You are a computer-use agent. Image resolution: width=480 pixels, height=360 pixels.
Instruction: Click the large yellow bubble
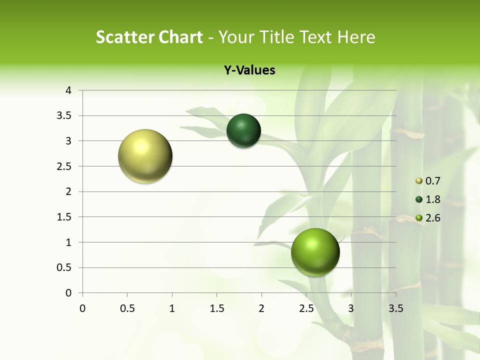point(145,156)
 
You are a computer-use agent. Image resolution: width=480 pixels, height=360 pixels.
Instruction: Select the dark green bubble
point(243,131)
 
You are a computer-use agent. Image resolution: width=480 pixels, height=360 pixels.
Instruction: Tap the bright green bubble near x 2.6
point(315,252)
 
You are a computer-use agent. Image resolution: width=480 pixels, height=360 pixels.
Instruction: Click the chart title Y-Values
point(249,70)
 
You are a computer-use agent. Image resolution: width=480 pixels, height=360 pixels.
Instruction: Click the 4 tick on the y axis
point(68,90)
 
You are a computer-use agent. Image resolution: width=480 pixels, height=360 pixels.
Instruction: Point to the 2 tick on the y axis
point(68,191)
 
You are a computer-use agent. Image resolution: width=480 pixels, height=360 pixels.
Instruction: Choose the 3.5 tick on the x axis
point(395,308)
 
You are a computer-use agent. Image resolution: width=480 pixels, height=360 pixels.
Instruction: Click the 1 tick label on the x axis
point(172,308)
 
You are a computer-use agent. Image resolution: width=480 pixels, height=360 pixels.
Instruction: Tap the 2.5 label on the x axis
point(306,308)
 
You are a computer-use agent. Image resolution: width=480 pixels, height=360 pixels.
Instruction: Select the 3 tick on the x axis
point(351,308)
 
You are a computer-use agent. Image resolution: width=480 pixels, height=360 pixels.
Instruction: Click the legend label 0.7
point(432,181)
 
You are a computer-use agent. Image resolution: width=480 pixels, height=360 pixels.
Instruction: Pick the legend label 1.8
point(432,199)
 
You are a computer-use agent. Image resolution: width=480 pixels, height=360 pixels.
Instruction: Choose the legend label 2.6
point(432,218)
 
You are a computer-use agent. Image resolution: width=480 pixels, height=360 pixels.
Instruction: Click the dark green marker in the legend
point(419,199)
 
